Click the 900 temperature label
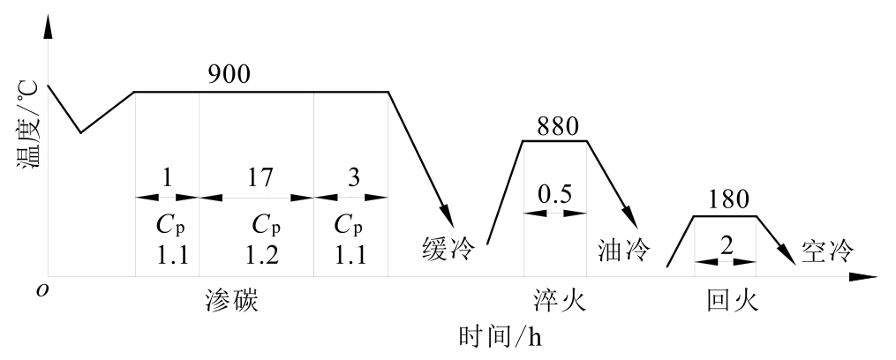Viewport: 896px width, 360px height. pos(230,75)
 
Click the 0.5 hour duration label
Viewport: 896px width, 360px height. pos(555,194)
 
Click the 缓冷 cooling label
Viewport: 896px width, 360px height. pos(448,251)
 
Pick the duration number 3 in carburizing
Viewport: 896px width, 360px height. pos(353,178)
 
